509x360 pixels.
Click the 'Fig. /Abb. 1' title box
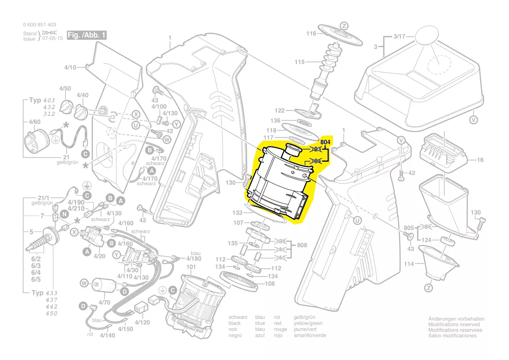click(87, 35)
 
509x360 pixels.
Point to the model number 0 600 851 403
click(39, 25)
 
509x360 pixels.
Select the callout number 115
click(299, 62)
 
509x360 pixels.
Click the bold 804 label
click(326, 143)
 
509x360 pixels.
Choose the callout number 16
click(480, 160)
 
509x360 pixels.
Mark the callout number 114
click(408, 263)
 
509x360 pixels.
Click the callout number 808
click(302, 245)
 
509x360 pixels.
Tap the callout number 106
click(270, 284)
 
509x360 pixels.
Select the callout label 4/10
click(70, 68)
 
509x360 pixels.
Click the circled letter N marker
click(64, 214)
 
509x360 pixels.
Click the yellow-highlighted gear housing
click(279, 183)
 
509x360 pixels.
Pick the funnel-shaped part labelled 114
click(438, 264)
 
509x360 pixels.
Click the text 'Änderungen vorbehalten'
click(456, 319)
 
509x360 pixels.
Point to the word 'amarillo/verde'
click(310, 335)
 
